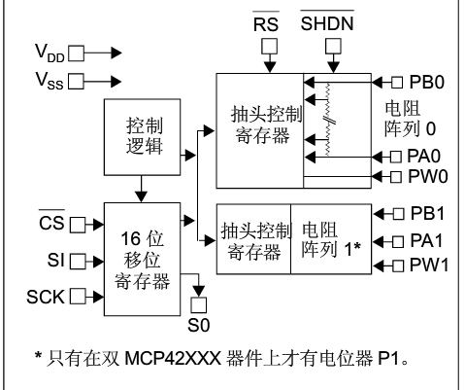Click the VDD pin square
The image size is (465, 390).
tap(77, 53)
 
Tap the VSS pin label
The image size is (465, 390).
tap(50, 81)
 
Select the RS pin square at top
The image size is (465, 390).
tap(270, 47)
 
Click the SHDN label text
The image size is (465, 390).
tap(327, 23)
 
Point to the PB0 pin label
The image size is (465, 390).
tap(427, 82)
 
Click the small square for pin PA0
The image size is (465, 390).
tap(396, 157)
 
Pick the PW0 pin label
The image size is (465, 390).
tap(428, 177)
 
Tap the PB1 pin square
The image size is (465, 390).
tap(398, 214)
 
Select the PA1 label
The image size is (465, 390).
tap(426, 241)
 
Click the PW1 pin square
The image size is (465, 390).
tap(398, 266)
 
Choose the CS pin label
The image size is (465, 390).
tap(51, 223)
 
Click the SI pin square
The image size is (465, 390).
tap(78, 262)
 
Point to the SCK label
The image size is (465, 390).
tap(46, 297)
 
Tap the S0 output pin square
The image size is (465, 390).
tap(198, 304)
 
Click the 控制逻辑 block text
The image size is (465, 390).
tap(145, 136)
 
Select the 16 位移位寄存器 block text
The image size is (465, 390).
tap(142, 260)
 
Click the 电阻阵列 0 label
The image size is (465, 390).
tap(410, 119)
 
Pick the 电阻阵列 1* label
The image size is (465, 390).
tap(331, 240)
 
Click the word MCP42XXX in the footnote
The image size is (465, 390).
tap(173, 359)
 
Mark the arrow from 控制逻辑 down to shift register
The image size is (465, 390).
tap(142, 189)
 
